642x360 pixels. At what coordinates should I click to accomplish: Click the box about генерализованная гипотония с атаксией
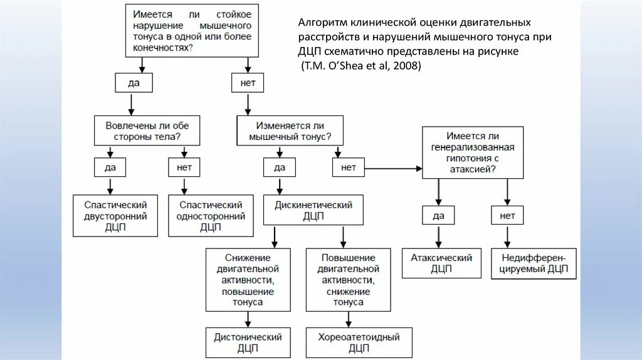[473, 152]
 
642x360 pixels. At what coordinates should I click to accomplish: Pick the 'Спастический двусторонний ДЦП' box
[115, 216]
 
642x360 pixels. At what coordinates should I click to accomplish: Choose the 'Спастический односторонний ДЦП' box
[211, 216]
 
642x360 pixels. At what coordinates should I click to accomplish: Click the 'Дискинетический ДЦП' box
[313, 210]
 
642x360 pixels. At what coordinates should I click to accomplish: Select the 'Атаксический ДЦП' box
[441, 263]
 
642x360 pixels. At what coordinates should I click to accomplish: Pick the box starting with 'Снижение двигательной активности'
[248, 280]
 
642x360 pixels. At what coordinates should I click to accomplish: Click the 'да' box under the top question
[133, 82]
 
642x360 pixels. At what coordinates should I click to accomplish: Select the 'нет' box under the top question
[248, 82]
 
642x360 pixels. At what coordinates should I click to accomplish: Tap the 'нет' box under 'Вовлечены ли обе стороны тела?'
[184, 167]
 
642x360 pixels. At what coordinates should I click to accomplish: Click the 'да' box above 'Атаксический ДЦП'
[438, 215]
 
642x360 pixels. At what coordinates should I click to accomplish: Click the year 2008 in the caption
[409, 65]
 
